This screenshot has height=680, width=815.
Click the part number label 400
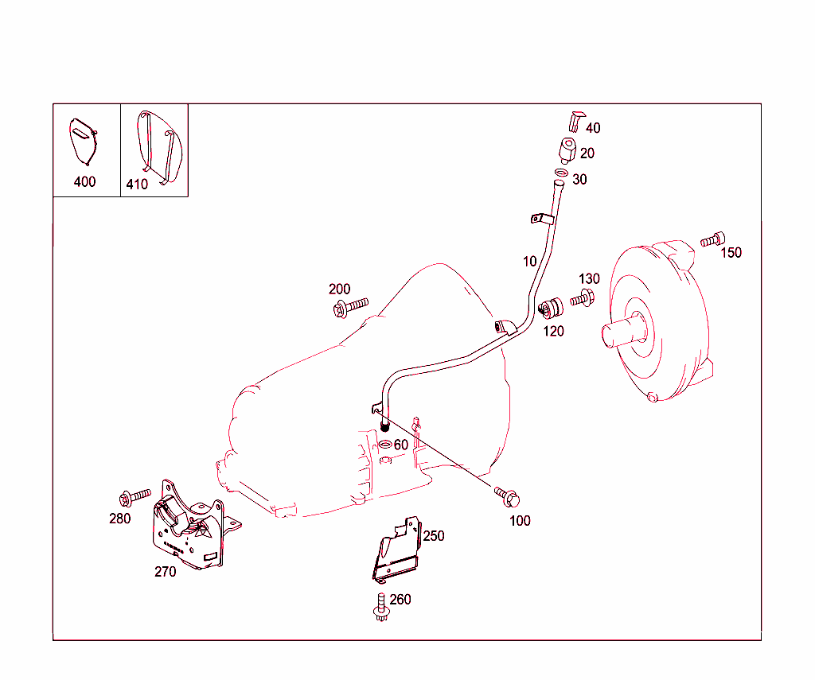point(84,181)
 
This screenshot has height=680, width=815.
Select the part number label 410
point(137,185)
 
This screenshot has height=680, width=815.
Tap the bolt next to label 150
point(712,239)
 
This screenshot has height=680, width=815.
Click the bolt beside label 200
point(350,306)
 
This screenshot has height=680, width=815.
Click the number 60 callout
point(400,445)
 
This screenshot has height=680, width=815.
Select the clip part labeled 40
point(575,121)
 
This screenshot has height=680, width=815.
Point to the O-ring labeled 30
point(560,174)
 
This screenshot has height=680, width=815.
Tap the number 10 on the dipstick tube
point(529,261)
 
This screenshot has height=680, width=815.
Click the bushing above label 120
point(551,306)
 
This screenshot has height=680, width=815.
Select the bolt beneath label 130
point(582,299)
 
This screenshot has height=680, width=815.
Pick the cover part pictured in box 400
point(81,142)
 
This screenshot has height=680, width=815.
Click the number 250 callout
point(433,536)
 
